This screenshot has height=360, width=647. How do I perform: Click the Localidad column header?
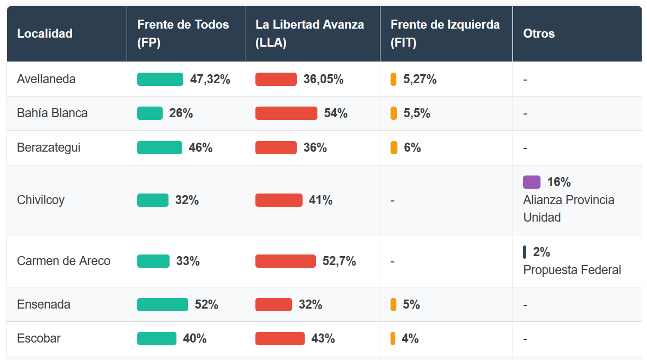(x=45, y=33)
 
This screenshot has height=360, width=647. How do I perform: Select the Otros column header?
(x=539, y=33)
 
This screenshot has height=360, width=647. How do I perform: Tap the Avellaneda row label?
(x=46, y=79)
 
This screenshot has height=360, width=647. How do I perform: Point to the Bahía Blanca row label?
(x=52, y=113)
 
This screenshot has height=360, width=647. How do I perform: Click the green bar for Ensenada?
(x=162, y=304)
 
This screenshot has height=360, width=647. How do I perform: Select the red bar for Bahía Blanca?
(x=286, y=113)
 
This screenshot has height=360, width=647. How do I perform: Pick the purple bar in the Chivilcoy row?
(x=531, y=182)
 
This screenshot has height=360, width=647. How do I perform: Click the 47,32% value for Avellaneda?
(x=210, y=79)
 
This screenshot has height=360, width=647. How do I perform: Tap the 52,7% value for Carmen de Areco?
(x=339, y=261)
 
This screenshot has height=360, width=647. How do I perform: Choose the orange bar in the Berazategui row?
(x=394, y=147)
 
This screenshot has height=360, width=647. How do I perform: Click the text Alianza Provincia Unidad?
(x=569, y=208)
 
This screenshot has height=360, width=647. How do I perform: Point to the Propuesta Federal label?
(x=572, y=270)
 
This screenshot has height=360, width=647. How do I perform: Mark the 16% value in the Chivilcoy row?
(x=559, y=182)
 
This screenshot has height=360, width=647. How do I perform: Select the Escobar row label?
(x=39, y=338)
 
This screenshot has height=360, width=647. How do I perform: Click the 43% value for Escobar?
(x=323, y=338)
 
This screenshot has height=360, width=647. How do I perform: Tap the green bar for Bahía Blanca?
(x=149, y=113)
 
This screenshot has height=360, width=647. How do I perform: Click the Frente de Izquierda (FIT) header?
(x=445, y=33)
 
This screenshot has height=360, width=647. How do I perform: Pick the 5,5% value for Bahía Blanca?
(x=416, y=113)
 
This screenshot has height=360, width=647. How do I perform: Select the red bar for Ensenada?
(x=273, y=304)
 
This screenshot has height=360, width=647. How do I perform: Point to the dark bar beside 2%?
(x=525, y=252)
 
